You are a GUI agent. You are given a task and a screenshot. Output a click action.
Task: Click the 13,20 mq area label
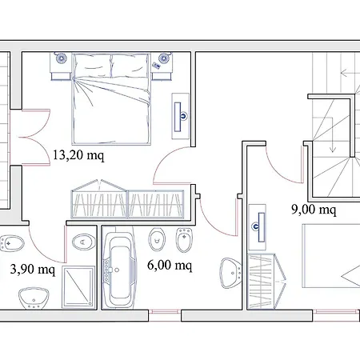[78, 155]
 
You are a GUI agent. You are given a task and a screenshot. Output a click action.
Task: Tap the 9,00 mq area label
[314, 210]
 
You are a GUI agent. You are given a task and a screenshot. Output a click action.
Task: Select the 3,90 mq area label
[33, 269]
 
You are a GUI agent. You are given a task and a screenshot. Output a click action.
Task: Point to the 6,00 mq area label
[170, 266]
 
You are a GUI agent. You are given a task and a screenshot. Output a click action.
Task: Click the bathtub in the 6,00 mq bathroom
[119, 270]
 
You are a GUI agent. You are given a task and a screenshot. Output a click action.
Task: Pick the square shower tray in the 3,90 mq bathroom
[78, 287]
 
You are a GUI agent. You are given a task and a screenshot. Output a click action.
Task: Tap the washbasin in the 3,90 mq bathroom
[34, 298]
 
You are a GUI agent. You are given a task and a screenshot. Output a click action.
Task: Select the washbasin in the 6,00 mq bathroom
[230, 273]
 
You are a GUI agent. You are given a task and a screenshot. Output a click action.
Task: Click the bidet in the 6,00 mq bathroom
[184, 239]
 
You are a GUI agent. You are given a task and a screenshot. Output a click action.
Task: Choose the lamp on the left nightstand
[61, 58]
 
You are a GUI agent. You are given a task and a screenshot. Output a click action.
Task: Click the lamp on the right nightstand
[163, 58]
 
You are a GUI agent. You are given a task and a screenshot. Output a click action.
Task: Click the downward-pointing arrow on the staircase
[332, 135]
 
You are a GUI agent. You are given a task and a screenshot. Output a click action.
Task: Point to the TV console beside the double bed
[181, 116]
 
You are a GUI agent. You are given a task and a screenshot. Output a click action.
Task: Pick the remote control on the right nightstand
[156, 66]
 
